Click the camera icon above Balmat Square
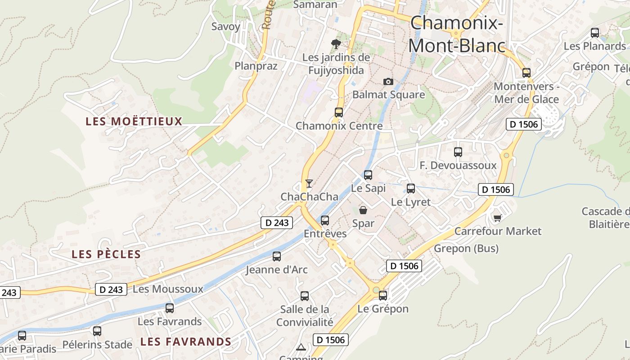(388, 81)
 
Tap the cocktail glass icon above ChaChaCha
(309, 183)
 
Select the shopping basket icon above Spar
(363, 210)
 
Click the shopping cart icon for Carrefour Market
(497, 218)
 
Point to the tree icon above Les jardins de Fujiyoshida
(336, 44)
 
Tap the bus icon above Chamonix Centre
(339, 112)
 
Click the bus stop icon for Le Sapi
(368, 175)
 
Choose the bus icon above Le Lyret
(411, 189)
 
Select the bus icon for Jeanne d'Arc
(277, 256)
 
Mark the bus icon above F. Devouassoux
(458, 152)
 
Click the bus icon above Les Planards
(595, 32)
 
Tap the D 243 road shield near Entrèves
(277, 222)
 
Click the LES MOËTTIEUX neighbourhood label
(134, 121)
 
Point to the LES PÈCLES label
(106, 254)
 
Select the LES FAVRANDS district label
(185, 342)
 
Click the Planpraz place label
(256, 66)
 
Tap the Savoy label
(226, 27)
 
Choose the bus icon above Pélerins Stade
(97, 331)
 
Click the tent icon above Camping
(301, 347)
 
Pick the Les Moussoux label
(168, 289)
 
